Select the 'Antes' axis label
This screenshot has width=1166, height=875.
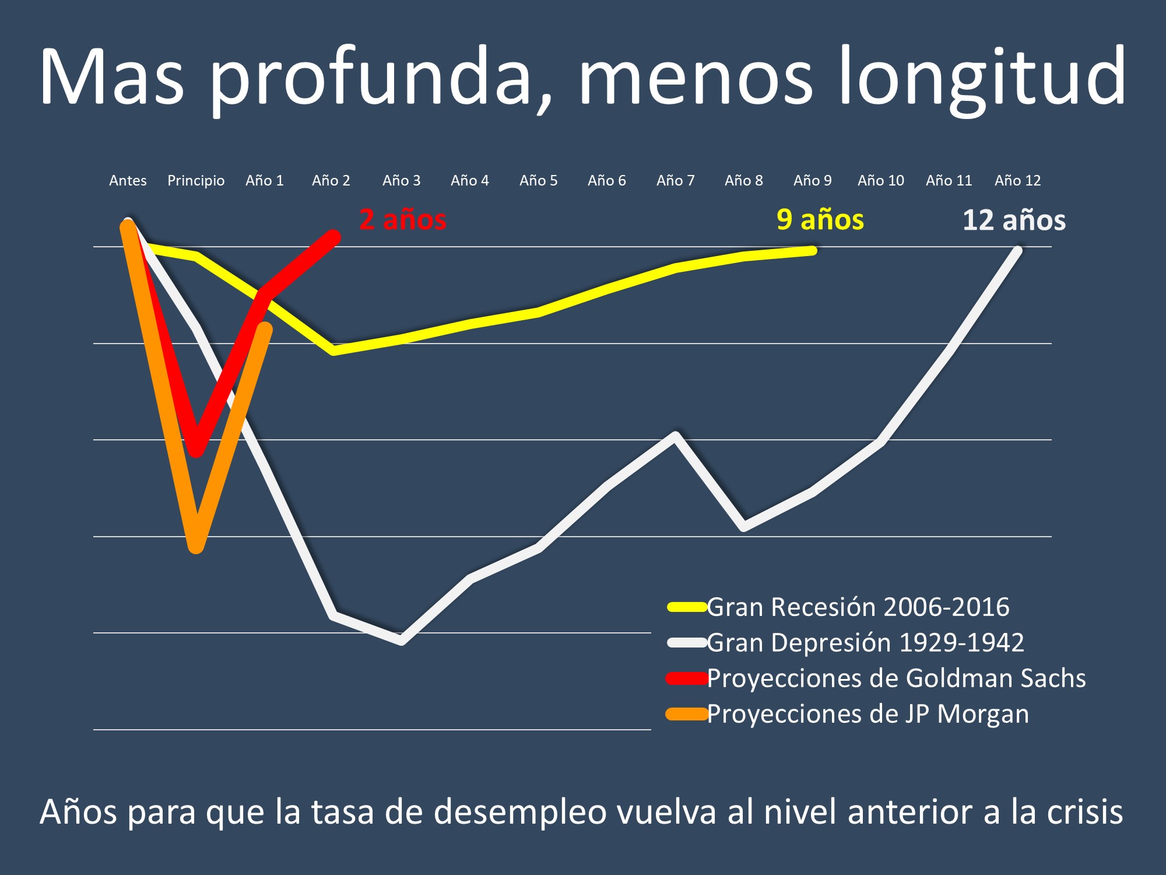(x=128, y=181)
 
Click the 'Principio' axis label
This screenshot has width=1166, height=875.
(x=196, y=181)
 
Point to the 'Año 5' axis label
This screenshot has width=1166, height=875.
(x=538, y=181)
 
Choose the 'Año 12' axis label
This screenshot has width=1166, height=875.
(x=1017, y=181)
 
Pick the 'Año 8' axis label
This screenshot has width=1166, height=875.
(x=743, y=181)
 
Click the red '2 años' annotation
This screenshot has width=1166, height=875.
(x=403, y=220)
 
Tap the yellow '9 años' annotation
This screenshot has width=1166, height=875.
(x=820, y=220)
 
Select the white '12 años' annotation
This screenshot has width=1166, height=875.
(x=1014, y=220)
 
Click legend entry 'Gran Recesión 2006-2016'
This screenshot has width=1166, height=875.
(x=858, y=607)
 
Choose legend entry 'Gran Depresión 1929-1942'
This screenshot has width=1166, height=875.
(x=865, y=643)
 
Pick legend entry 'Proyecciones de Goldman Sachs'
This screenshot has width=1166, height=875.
(x=896, y=678)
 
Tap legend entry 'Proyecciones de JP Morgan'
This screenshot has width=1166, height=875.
(x=868, y=714)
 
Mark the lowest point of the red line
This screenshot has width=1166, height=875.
(x=197, y=450)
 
